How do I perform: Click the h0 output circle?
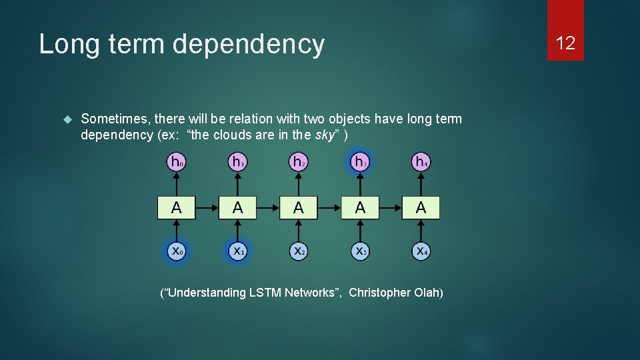tap(176, 161)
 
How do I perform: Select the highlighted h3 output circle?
tap(360, 161)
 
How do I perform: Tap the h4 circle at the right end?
tap(421, 161)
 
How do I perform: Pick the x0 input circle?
tap(176, 251)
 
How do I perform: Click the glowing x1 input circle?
tap(237, 251)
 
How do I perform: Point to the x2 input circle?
tap(298, 251)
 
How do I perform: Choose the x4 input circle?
tap(421, 251)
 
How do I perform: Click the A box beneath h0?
tap(176, 207)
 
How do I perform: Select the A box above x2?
tap(298, 207)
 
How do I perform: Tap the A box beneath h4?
tap(421, 207)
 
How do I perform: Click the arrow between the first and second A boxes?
tap(207, 207)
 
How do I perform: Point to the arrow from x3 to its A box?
tap(360, 230)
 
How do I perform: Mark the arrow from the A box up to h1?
tap(237, 184)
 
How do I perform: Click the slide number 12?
tap(565, 44)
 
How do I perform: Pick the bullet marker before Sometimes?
tap(66, 119)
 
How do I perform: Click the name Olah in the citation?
tap(427, 293)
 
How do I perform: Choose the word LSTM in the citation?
tap(264, 293)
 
